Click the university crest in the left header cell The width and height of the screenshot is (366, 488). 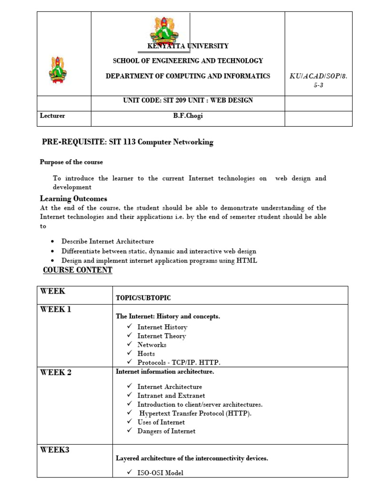58,69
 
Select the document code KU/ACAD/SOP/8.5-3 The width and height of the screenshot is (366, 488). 318,80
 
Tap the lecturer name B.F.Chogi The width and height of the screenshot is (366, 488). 187,116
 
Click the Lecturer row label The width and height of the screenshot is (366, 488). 52,116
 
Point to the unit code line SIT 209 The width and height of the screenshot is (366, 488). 188,101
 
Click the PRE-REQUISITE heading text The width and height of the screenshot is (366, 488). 128,142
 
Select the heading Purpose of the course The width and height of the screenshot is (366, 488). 71,162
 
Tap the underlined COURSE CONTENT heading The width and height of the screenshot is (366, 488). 78,270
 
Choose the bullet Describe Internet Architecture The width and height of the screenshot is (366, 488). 107,242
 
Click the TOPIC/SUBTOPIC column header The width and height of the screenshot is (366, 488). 143,298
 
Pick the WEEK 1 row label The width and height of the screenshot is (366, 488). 56,310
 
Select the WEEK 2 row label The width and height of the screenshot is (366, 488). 56,372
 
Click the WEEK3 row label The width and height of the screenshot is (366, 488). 54,449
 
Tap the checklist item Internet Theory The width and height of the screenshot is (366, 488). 162,336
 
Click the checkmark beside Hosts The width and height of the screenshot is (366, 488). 129,354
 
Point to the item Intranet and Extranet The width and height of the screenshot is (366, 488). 171,396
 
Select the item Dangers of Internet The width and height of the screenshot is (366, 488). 166,431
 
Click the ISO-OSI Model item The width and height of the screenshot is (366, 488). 160,473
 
